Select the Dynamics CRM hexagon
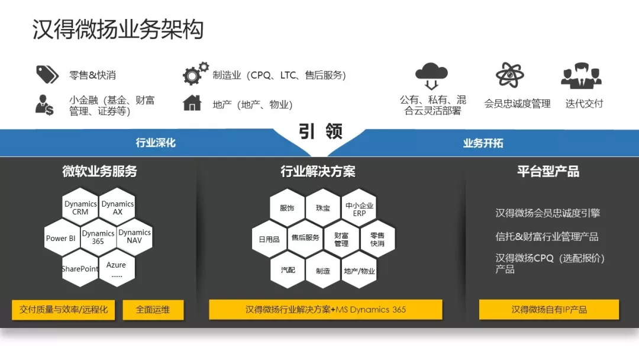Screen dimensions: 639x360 click(x=80, y=207)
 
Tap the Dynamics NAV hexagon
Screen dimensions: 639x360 click(x=134, y=237)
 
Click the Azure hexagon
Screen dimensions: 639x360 click(x=117, y=268)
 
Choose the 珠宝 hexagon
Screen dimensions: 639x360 click(x=323, y=208)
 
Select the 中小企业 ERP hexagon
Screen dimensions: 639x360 click(x=359, y=208)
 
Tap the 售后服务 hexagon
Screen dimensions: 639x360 click(x=305, y=237)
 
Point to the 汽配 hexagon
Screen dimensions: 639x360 click(x=288, y=269)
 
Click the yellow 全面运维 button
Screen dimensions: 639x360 click(x=153, y=310)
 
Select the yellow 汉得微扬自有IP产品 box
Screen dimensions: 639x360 click(x=549, y=310)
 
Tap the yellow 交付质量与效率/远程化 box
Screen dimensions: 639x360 click(x=63, y=310)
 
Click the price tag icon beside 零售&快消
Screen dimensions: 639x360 click(x=47, y=74)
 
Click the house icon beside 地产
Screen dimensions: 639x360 click(x=192, y=103)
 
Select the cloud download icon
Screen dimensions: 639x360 click(x=431, y=76)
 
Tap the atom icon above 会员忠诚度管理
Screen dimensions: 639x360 click(x=510, y=75)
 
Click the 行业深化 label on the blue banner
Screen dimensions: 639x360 click(x=156, y=143)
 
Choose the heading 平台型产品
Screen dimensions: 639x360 click(x=548, y=171)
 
